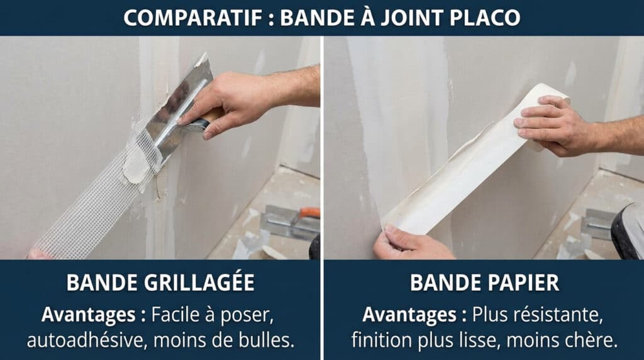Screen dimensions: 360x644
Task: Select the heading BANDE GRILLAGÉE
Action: click(160, 283)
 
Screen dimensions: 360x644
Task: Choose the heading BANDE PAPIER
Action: click(484, 283)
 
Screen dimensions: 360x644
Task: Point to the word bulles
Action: click(264, 340)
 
